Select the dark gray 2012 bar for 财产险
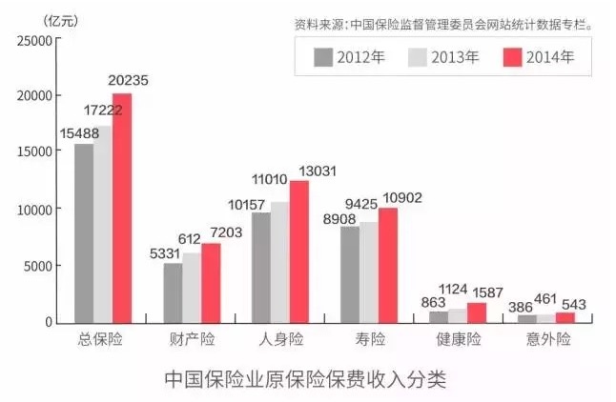173,292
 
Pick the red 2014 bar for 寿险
387,265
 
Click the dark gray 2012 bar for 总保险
84,232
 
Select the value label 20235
129,81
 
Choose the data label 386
521,307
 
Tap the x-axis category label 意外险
545,340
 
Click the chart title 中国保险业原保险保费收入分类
304,379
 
